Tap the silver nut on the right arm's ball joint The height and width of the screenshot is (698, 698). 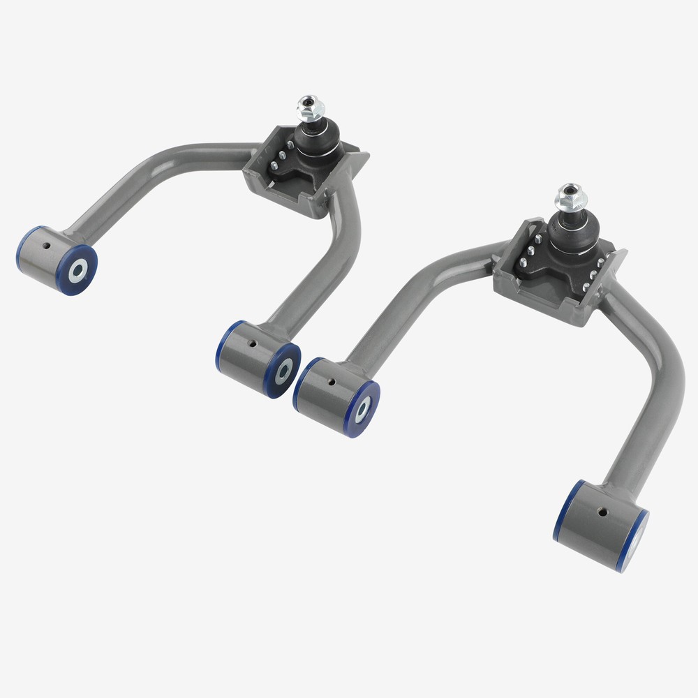click(x=570, y=198)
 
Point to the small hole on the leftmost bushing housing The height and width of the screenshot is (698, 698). click(x=46, y=246)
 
